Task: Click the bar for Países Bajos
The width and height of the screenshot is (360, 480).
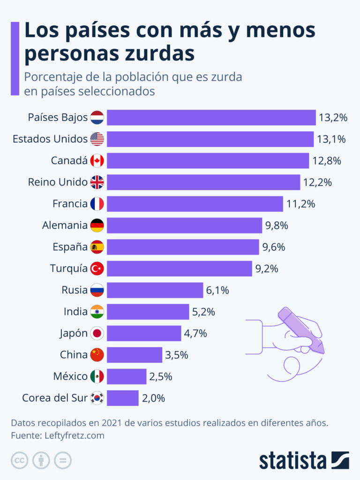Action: click(211, 117)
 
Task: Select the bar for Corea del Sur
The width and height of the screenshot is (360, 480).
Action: click(123, 398)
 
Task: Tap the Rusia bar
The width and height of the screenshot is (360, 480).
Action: click(155, 290)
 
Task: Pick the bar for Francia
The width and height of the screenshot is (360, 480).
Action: click(195, 204)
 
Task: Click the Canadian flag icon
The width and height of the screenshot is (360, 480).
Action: click(97, 161)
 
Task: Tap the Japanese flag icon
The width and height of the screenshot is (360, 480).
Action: click(97, 333)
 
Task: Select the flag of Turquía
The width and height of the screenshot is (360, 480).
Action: click(97, 269)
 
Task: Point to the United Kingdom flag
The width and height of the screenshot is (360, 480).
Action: click(97, 182)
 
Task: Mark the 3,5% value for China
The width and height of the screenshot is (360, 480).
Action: click(177, 355)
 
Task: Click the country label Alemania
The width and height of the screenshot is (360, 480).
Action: click(65, 225)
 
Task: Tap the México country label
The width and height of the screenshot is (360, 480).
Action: click(69, 376)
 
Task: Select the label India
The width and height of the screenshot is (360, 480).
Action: click(75, 312)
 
